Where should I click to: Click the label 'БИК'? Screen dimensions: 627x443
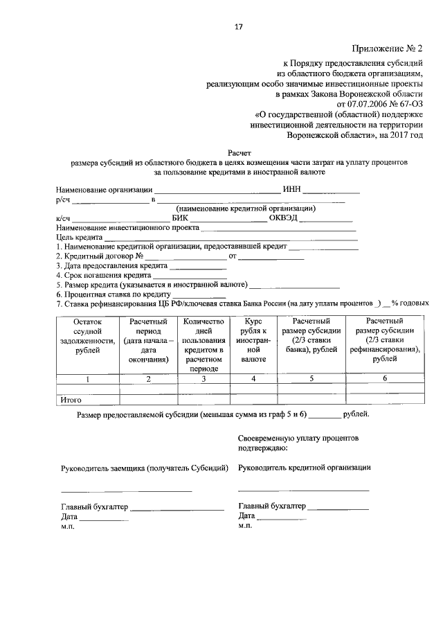click(x=179, y=218)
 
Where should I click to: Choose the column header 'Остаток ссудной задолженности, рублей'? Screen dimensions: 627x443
click(x=87, y=336)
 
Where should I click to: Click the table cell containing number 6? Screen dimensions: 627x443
click(x=385, y=379)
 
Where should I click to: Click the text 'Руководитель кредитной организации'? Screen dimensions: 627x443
click(x=305, y=467)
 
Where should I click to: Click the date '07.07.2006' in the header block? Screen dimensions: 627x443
click(x=356, y=105)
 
